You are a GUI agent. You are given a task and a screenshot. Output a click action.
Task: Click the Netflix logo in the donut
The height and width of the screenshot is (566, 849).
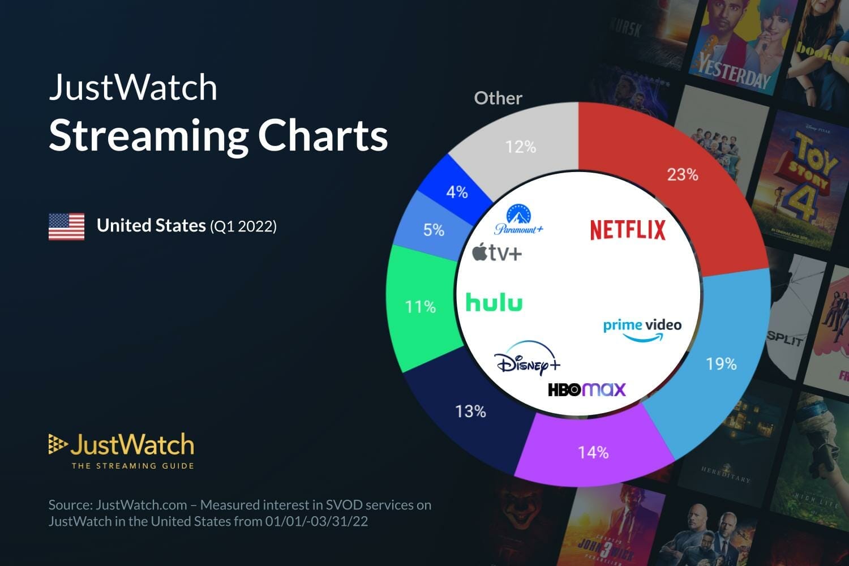628,230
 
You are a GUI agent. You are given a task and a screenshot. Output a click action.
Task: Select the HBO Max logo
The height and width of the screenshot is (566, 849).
587,389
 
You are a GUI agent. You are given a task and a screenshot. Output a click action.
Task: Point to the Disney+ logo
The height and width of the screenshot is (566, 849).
527,359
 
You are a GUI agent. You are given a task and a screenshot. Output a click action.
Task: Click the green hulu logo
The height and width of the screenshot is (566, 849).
494,302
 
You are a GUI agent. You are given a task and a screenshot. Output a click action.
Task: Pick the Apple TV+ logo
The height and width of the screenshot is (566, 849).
497,252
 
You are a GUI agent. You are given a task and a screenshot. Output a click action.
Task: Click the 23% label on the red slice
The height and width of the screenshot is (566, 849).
683,174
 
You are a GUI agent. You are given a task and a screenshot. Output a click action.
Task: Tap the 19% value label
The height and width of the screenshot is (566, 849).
721,363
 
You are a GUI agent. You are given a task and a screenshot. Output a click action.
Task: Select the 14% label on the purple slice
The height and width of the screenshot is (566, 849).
593,452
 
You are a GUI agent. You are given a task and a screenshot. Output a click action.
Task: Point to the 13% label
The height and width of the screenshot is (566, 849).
470,411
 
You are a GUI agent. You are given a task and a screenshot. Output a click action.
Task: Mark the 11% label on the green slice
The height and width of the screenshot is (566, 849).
421,307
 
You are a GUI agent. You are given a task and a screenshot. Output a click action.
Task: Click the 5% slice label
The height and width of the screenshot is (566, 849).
434,230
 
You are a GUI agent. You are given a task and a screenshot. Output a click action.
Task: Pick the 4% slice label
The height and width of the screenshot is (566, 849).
457,192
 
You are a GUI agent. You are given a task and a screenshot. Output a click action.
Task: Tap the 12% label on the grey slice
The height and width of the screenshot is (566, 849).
521,147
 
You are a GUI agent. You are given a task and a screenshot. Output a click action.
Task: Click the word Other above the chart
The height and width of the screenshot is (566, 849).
498,98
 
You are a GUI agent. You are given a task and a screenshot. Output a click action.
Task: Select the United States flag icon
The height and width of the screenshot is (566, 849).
66,226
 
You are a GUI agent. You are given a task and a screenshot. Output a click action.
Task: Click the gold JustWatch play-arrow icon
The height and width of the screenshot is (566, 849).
57,445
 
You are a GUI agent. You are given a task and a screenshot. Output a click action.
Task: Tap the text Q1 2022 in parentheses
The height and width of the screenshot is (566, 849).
243,226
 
